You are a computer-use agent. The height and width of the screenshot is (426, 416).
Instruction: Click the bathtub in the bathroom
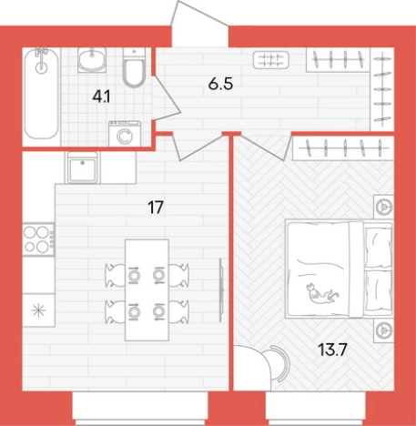point(41,94)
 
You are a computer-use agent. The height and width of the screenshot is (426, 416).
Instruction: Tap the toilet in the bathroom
point(134,67)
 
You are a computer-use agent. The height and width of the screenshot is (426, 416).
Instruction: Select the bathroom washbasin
point(92,60)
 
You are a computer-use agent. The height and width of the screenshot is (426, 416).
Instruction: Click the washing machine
point(125,133)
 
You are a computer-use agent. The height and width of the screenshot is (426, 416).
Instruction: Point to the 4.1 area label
point(102,97)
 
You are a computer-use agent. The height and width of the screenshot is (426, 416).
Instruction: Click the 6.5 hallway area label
point(220,84)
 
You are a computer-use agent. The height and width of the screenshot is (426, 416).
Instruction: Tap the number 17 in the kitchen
point(156,208)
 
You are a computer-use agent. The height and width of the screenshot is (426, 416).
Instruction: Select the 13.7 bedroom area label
point(332,350)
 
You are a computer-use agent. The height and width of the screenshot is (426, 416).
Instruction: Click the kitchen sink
point(83,167)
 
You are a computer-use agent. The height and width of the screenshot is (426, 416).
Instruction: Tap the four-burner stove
point(38,239)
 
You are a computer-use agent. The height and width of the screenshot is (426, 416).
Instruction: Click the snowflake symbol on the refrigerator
point(39,310)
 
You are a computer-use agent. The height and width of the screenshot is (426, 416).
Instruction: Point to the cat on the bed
point(322,294)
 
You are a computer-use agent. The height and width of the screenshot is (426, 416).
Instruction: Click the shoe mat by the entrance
point(271,59)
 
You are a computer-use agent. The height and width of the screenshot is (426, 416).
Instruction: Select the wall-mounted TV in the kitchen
point(222,289)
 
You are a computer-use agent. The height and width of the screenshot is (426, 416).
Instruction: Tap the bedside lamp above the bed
point(383,207)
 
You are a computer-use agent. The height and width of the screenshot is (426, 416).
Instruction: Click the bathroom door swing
point(167,97)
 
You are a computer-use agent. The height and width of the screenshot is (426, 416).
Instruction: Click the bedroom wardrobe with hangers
point(343,148)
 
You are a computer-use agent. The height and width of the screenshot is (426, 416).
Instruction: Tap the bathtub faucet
point(41,60)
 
